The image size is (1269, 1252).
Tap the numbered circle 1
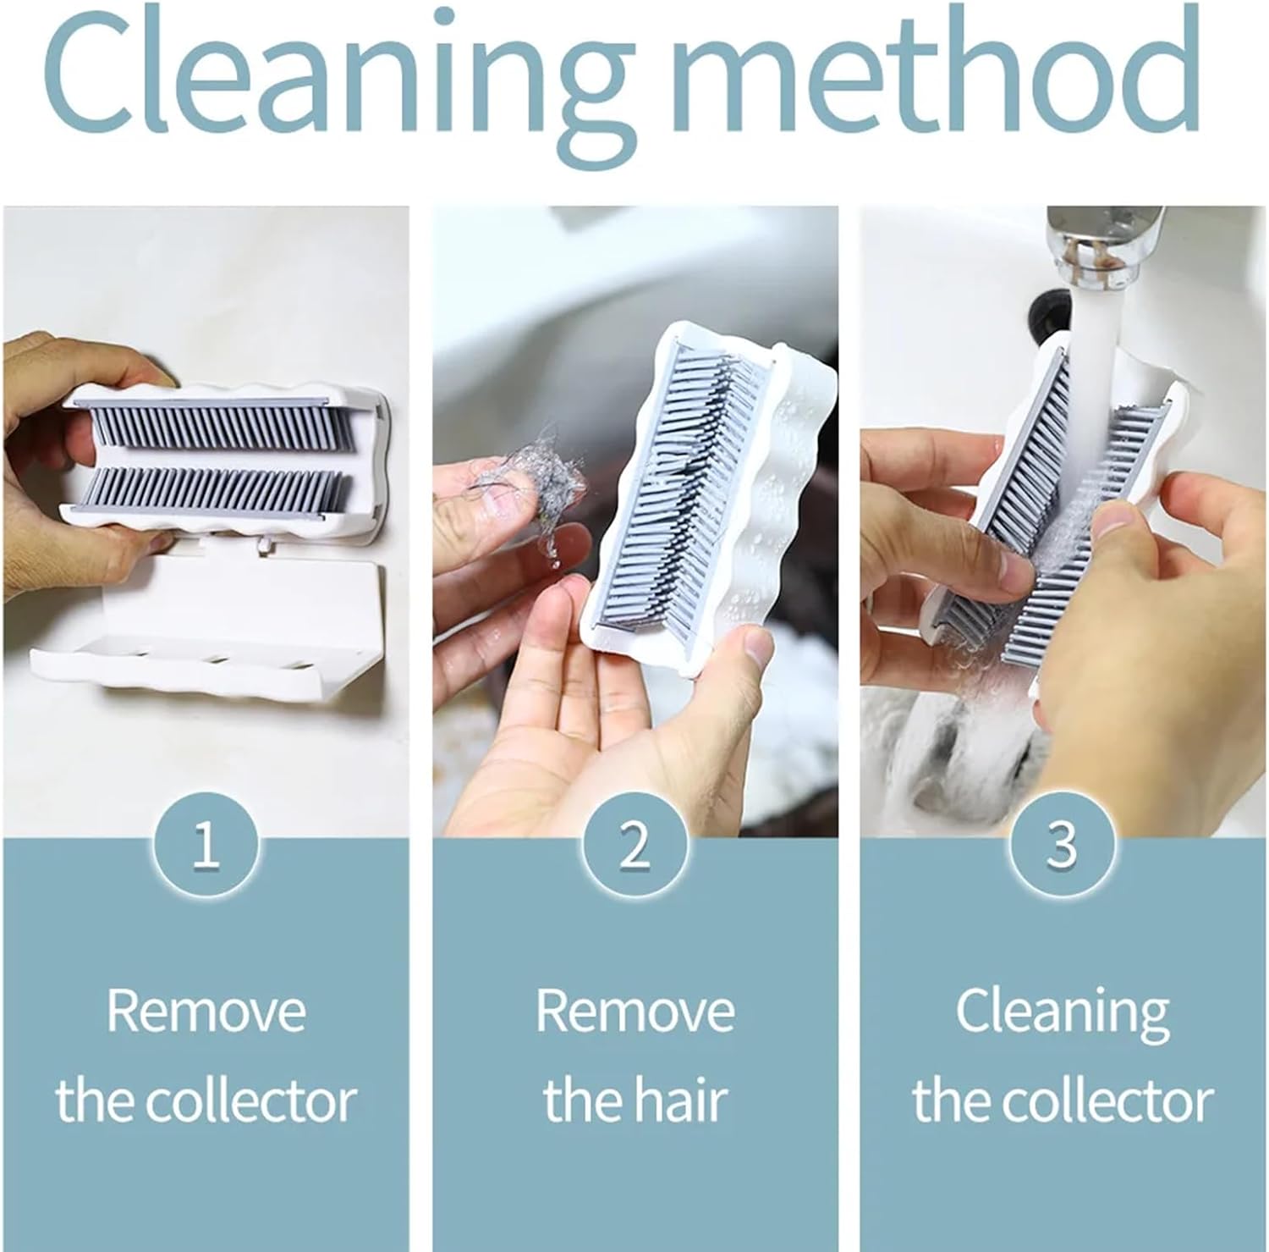click(206, 844)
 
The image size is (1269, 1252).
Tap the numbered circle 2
click(634, 844)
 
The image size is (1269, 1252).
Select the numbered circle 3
click(1062, 844)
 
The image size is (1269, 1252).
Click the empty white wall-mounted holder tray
click(207, 631)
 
